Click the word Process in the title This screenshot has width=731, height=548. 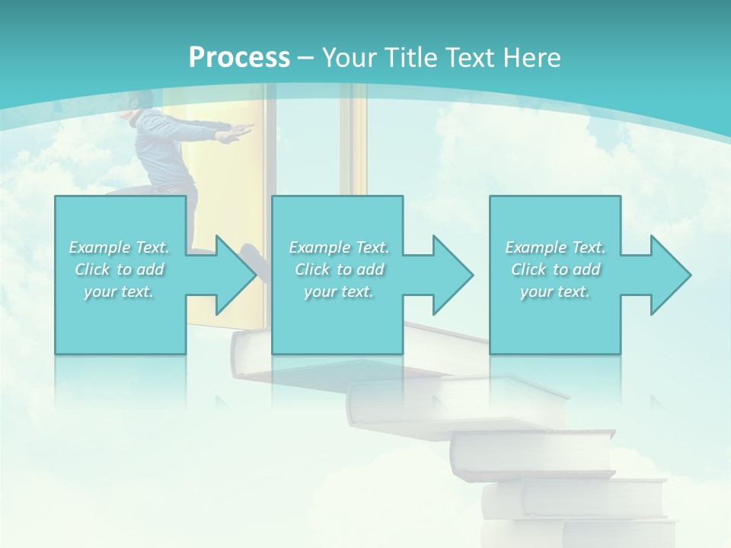(239, 58)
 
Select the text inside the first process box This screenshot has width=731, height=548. (120, 269)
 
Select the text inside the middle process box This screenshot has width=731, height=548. (339, 269)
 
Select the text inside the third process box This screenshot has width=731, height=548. (555, 269)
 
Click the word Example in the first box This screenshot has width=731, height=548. (100, 248)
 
